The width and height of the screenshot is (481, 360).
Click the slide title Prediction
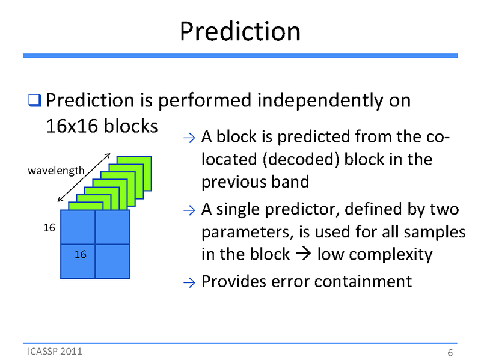pyautogui.click(x=240, y=31)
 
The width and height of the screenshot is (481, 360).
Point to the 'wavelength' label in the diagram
pyautogui.click(x=56, y=171)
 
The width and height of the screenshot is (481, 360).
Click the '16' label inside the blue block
pyautogui.click(x=80, y=255)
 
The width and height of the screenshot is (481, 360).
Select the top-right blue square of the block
pyautogui.click(x=112, y=227)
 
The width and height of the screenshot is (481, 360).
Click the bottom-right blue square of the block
pyautogui.click(x=112, y=261)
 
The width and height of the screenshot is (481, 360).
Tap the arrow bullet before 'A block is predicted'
pyautogui.click(x=188, y=138)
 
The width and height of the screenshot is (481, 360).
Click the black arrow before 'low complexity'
pyautogui.click(x=303, y=255)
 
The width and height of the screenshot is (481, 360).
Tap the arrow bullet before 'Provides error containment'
pyautogui.click(x=188, y=282)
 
